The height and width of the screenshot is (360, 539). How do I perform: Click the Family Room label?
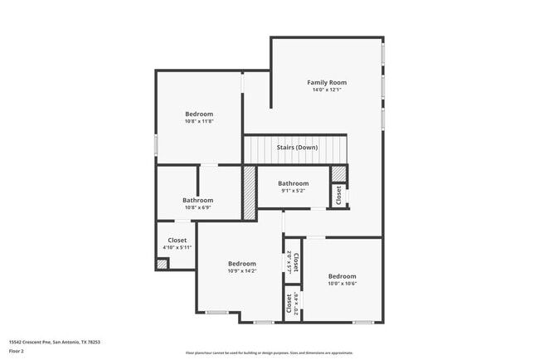326,82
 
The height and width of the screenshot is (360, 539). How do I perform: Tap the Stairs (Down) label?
297,147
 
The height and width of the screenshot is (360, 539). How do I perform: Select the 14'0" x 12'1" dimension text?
326,90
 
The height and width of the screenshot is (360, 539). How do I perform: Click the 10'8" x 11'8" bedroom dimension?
199,121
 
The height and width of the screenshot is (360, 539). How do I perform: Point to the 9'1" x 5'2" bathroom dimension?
293,191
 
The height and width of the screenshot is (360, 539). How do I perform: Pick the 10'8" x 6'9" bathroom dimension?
197,207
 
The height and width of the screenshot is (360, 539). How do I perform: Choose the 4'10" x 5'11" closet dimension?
177,247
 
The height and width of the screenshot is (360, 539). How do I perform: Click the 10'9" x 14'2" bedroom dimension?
242,270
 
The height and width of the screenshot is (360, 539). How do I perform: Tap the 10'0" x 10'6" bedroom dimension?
342,283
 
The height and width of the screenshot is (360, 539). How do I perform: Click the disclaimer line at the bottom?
269,353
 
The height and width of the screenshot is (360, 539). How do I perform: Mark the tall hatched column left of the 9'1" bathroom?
249,192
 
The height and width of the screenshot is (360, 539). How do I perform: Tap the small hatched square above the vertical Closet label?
338,173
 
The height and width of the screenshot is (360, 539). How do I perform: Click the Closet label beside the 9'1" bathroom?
338,195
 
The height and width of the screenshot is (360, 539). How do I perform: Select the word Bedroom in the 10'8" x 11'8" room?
199,114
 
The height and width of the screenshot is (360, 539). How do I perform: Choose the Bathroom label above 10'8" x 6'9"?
197,200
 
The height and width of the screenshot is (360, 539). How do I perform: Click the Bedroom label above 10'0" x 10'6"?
342,275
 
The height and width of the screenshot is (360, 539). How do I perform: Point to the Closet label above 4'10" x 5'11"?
177,240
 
